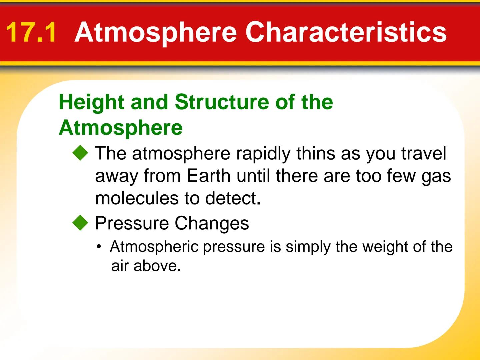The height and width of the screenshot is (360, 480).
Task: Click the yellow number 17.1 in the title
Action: coord(31,32)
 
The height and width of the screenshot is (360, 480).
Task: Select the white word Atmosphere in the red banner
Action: coord(156,32)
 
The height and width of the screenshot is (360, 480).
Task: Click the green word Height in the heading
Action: coord(92,102)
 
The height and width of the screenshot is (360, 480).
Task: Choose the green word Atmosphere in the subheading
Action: coord(121,128)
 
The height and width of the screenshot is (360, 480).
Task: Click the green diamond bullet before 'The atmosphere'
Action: coord(80,154)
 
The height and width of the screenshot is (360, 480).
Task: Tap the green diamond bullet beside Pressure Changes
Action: coord(80,223)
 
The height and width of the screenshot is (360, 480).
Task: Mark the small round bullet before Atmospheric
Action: coord(99,247)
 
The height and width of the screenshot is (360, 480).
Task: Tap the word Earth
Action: coord(208,176)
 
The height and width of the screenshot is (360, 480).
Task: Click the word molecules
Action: coord(137,198)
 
